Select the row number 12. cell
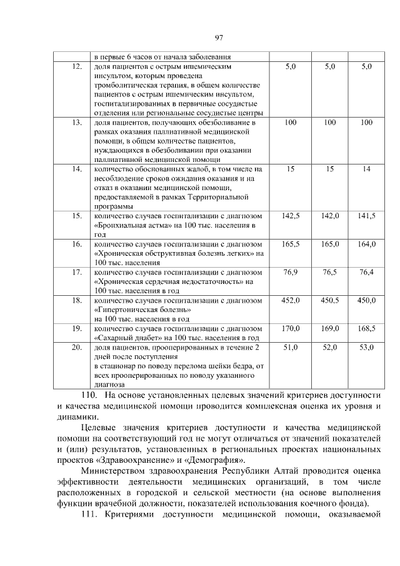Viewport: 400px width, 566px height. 77,66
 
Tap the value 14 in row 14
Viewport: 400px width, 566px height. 366,169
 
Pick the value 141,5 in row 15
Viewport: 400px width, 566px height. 366,216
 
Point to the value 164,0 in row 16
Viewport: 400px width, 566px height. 366,244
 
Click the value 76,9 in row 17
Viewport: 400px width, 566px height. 291,272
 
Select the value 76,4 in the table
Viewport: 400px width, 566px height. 366,272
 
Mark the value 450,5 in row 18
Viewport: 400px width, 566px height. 329,301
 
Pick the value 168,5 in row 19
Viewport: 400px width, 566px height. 366,328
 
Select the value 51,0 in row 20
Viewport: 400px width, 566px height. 291,347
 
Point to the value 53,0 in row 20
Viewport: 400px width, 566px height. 366,347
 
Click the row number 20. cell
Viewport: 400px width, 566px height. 77,347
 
